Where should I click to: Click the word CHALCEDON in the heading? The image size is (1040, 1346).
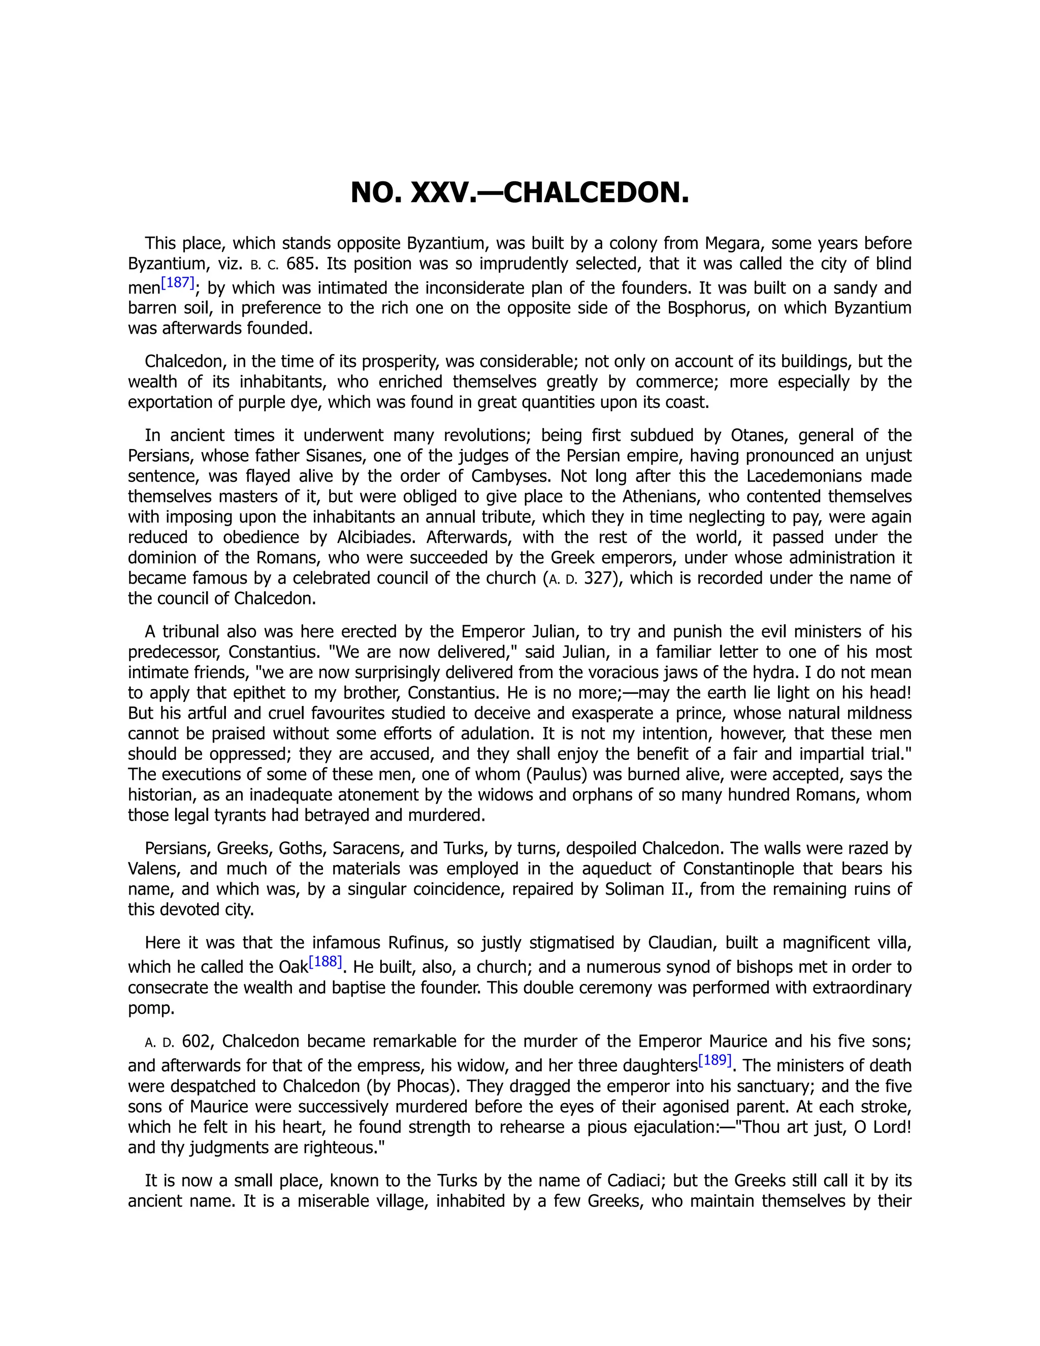596,193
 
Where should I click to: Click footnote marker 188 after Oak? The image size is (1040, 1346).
324,962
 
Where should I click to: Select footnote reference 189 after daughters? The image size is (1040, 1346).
714,1061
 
